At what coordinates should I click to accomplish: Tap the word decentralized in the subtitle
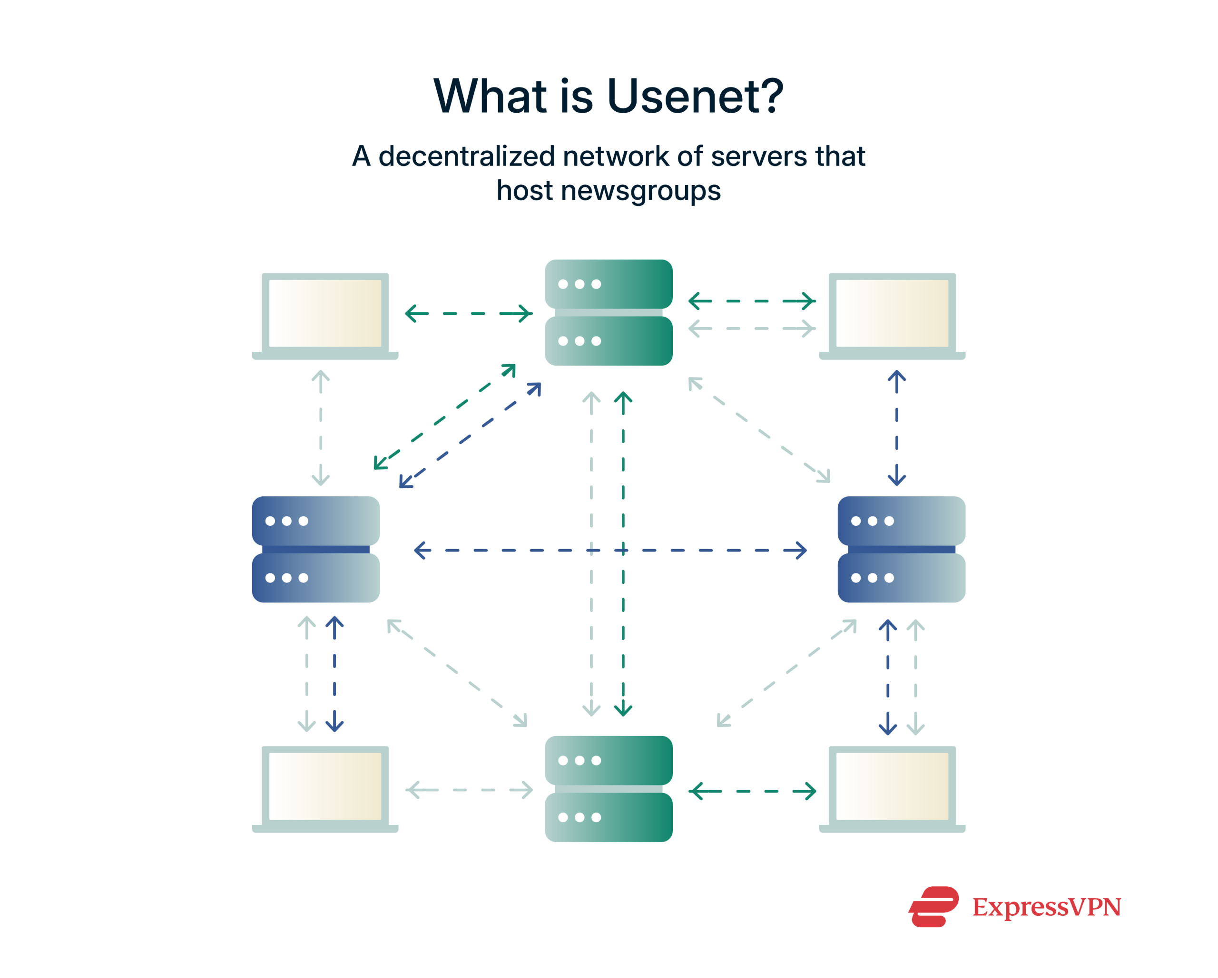pyautogui.click(x=467, y=156)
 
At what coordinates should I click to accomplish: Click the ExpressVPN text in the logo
pyautogui.click(x=1046, y=908)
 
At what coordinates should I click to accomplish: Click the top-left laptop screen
pyautogui.click(x=325, y=313)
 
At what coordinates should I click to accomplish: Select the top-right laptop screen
pyautogui.click(x=892, y=313)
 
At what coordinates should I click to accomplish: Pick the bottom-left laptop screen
pyautogui.click(x=325, y=786)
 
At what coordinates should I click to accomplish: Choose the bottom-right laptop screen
pyautogui.click(x=892, y=786)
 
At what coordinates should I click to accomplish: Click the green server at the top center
pyautogui.click(x=609, y=312)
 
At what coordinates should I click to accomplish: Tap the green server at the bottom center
pyautogui.click(x=609, y=789)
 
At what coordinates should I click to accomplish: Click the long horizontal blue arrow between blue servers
pyautogui.click(x=706, y=550)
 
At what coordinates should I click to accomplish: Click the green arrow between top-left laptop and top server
pyautogui.click(x=469, y=313)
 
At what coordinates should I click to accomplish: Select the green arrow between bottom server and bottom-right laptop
pyautogui.click(x=752, y=792)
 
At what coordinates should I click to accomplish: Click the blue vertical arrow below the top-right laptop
pyautogui.click(x=896, y=428)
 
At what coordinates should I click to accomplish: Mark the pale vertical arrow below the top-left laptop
pyautogui.click(x=320, y=428)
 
